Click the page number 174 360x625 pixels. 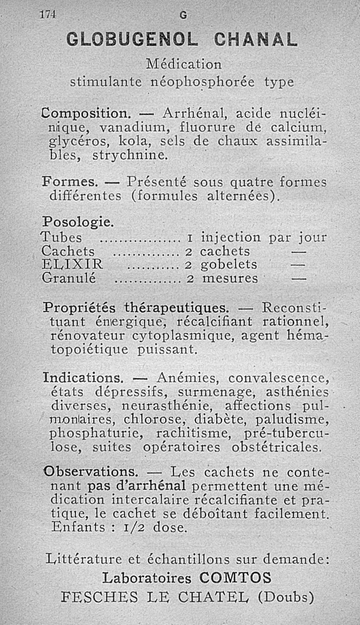[x=47, y=14]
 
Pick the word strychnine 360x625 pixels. [x=130, y=156]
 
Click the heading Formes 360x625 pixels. [x=70, y=182]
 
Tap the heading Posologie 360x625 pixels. [x=78, y=222]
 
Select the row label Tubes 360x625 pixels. [x=62, y=237]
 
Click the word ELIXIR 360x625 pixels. [x=72, y=264]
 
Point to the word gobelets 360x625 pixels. [x=229, y=264]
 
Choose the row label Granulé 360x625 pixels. [x=68, y=278]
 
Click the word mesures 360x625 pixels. [x=230, y=279]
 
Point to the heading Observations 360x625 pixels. [x=90, y=472]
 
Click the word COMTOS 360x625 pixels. [x=235, y=577]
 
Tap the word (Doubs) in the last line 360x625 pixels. [x=286, y=597]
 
